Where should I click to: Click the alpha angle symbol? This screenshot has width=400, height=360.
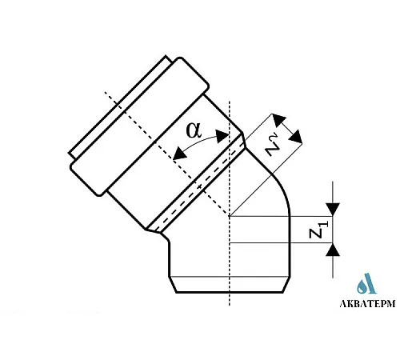pos(194,130)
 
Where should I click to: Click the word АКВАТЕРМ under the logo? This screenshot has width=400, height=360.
pos(367,303)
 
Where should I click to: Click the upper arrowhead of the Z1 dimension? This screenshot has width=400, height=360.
pos(333,210)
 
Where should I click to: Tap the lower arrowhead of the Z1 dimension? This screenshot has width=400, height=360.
pos(333,250)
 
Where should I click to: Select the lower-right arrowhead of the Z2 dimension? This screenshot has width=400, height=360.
pos(296,137)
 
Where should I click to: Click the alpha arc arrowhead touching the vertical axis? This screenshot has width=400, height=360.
pos(222,136)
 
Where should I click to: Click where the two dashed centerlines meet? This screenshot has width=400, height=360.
pos(230,216)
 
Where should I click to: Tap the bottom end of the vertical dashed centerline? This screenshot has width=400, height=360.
pos(230,305)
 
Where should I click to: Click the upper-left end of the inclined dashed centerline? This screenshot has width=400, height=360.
pos(106,92)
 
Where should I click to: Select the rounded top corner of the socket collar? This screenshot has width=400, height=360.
pos(180,60)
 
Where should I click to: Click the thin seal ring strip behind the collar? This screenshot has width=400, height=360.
pos(118,105)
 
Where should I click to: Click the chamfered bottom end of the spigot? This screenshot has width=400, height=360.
pos(230,285)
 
